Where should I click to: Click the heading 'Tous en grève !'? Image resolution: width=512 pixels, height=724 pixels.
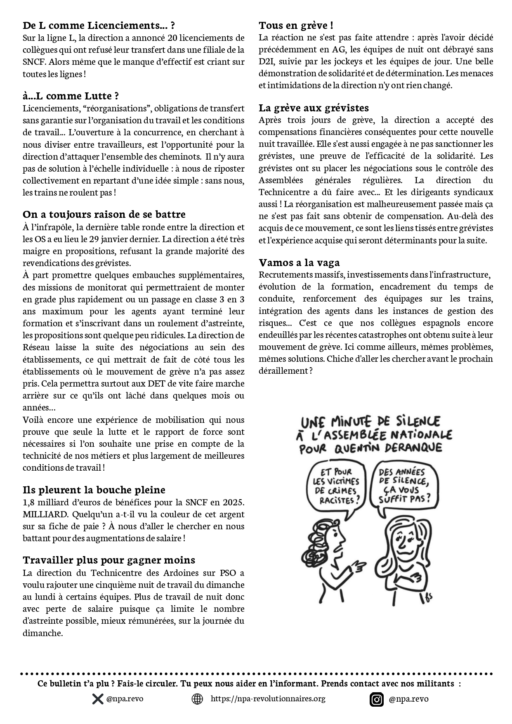click(296, 26)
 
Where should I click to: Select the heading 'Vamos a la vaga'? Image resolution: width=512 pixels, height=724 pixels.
click(299, 263)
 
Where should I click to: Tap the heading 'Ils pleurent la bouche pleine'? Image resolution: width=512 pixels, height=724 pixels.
click(94, 490)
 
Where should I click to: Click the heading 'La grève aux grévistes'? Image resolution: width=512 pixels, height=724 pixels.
click(314, 108)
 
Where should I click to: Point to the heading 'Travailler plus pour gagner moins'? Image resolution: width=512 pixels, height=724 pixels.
click(109, 560)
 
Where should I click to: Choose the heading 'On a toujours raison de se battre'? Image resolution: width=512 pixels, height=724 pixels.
click(104, 215)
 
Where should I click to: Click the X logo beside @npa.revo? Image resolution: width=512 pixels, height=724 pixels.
click(98, 699)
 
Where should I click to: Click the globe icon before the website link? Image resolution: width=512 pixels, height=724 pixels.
click(198, 699)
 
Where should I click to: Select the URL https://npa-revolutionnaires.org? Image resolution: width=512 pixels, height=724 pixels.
click(268, 698)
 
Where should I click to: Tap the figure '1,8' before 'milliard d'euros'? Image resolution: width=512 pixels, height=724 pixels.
click(29, 502)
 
